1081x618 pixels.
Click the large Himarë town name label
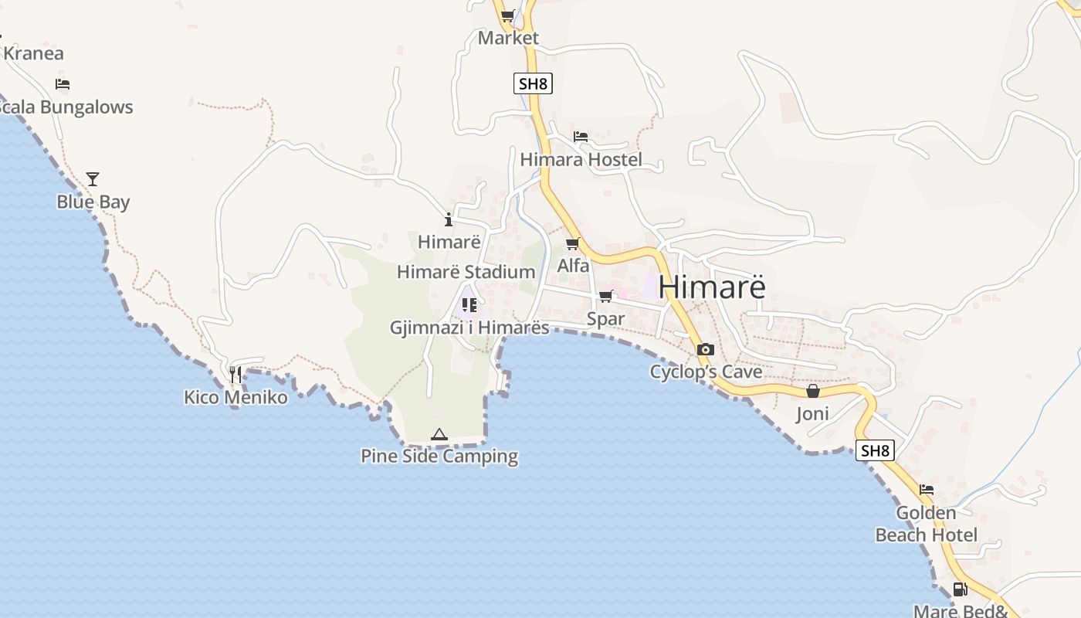pos(712,287)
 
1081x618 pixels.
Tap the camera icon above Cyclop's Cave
pos(705,349)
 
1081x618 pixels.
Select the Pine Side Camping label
pos(439,456)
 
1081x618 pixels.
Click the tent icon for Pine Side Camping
pos(439,435)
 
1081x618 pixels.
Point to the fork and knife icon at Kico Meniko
pos(236,375)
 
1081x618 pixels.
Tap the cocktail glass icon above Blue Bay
pos(93,179)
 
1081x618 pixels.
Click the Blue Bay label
pos(93,202)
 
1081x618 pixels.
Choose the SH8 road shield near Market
pos(533,83)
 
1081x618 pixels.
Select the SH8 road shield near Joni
pos(875,450)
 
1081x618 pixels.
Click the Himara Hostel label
pos(581,160)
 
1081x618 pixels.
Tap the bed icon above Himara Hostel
pos(581,137)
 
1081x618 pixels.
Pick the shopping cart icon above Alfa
pos(572,244)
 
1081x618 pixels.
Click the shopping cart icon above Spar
pos(605,297)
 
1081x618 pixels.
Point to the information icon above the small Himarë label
pos(449,219)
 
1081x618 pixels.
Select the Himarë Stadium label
pos(466,272)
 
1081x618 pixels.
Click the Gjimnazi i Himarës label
pos(469,328)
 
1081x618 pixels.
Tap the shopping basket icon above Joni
pos(812,392)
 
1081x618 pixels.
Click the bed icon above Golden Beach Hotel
pos(927,490)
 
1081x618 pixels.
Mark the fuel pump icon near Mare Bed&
pos(960,589)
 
